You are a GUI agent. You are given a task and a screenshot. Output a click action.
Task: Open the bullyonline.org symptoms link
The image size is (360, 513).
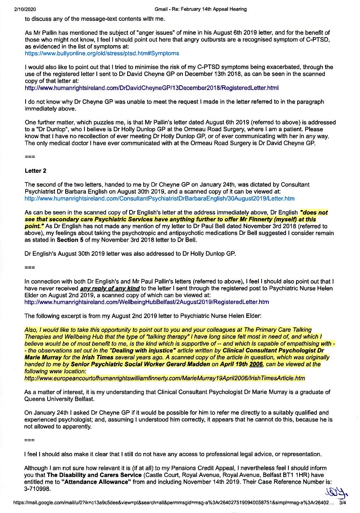click(102, 53)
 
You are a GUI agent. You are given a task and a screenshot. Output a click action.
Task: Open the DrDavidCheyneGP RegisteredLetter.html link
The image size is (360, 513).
click(152, 88)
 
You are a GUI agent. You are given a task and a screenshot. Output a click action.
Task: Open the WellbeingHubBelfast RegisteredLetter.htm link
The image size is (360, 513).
click(146, 302)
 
